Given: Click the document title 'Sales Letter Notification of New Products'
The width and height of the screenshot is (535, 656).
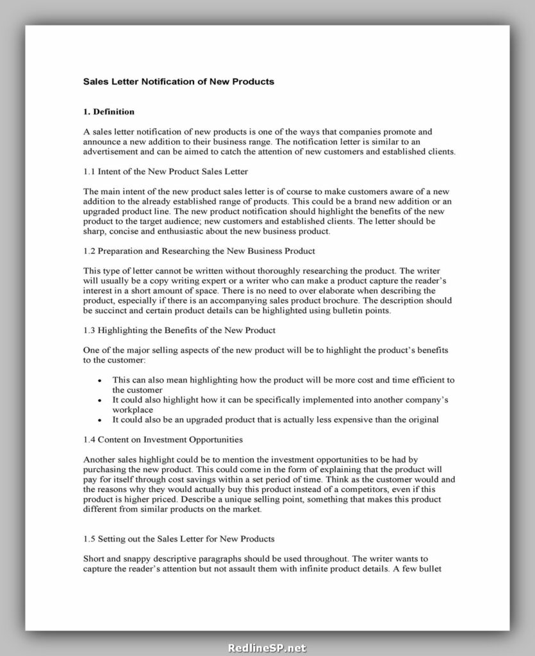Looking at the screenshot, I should coord(179,82).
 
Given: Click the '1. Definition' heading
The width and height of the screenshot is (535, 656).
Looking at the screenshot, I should coord(109,112).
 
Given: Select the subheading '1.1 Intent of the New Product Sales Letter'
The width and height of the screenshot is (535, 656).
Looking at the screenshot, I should coord(166,172).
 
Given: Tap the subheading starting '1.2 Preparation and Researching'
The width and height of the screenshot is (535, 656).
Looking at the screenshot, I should coord(199,250).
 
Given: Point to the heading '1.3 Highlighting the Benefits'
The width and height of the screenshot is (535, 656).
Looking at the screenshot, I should coord(180,330).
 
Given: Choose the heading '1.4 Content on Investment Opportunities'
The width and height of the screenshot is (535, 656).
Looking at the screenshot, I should coord(163,439).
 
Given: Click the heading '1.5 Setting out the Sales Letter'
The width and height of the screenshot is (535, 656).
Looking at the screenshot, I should coord(179,538).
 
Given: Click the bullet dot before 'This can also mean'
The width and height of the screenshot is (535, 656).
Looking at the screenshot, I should coord(99,381).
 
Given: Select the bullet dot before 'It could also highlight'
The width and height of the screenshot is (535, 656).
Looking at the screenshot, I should coord(99,400).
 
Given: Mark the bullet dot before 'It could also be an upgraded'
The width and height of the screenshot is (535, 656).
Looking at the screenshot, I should coord(99,420).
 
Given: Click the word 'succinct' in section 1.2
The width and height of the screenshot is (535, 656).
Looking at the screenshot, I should coord(111,311).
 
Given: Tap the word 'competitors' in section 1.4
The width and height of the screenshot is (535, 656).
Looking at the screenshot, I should coord(356,489).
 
